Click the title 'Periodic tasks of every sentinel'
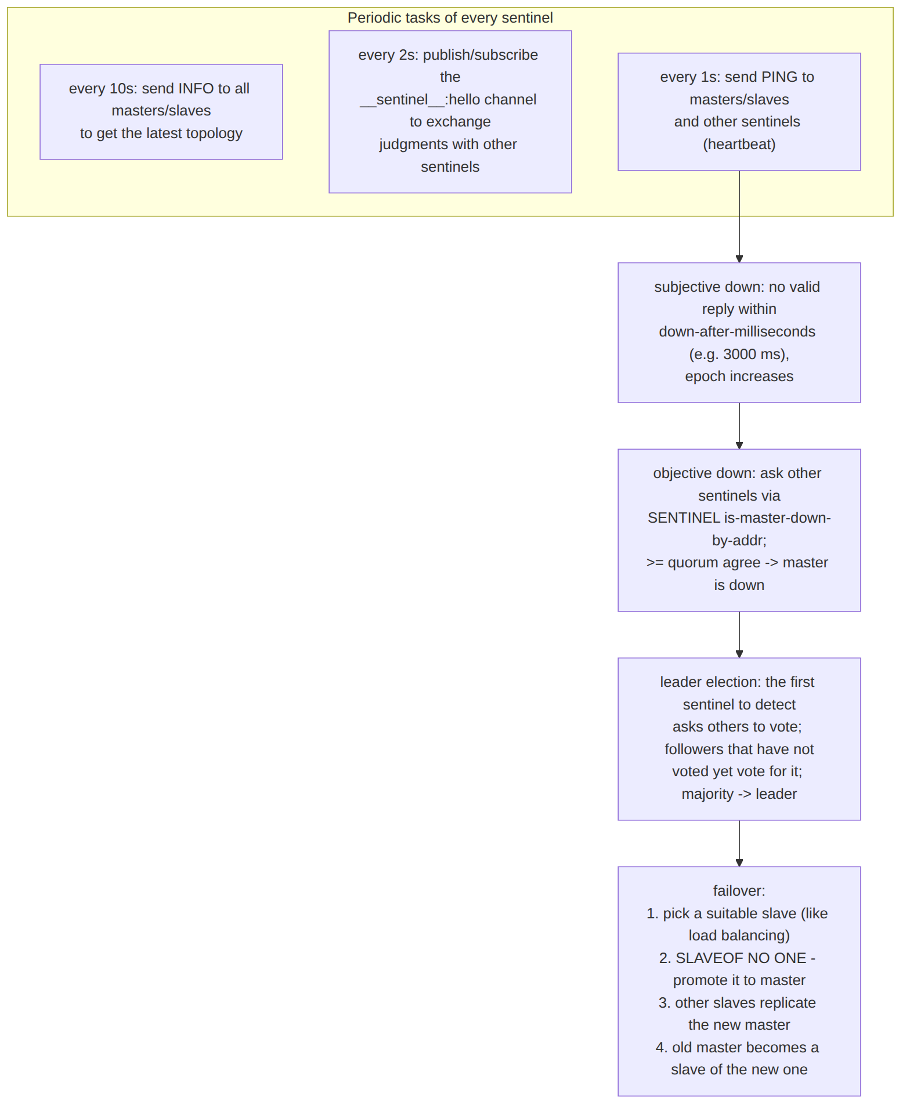point(450,18)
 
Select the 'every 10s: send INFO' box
point(161,112)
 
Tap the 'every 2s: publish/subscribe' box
point(450,112)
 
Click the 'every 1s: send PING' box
point(739,112)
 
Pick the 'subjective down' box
point(739,333)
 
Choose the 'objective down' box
point(739,530)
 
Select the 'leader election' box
point(739,739)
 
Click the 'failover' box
point(739,982)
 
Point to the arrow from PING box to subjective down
point(739,216)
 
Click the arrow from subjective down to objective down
point(739,426)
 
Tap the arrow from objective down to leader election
point(739,635)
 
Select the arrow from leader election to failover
point(739,844)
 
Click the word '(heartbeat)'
point(739,144)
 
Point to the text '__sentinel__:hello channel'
point(448,100)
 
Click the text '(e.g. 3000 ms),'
point(739,354)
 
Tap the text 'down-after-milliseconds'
point(737,332)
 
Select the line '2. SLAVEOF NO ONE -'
point(737,958)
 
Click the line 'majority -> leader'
point(739,794)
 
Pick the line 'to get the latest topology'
point(161,133)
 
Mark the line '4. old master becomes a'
point(737,1048)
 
